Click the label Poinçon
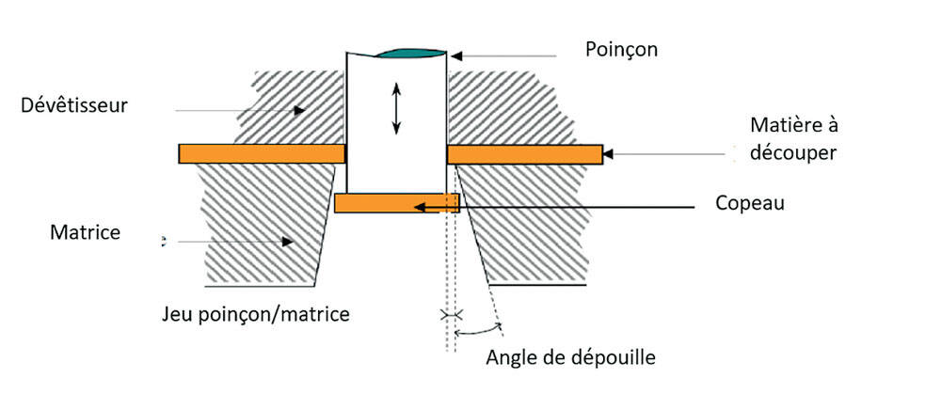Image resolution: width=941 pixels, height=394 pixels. tap(621, 49)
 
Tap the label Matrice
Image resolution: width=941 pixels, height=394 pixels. tap(85, 231)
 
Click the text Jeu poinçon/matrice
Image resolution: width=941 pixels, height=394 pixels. tap(255, 313)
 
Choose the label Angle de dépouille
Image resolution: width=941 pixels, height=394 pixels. tap(570, 357)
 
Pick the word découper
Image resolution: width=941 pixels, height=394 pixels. tap(793, 151)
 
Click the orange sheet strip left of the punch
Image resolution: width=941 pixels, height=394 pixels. tap(260, 153)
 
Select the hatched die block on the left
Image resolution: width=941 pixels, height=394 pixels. tap(263, 226)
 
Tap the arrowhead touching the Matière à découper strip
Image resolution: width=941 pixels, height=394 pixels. tap(609, 152)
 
